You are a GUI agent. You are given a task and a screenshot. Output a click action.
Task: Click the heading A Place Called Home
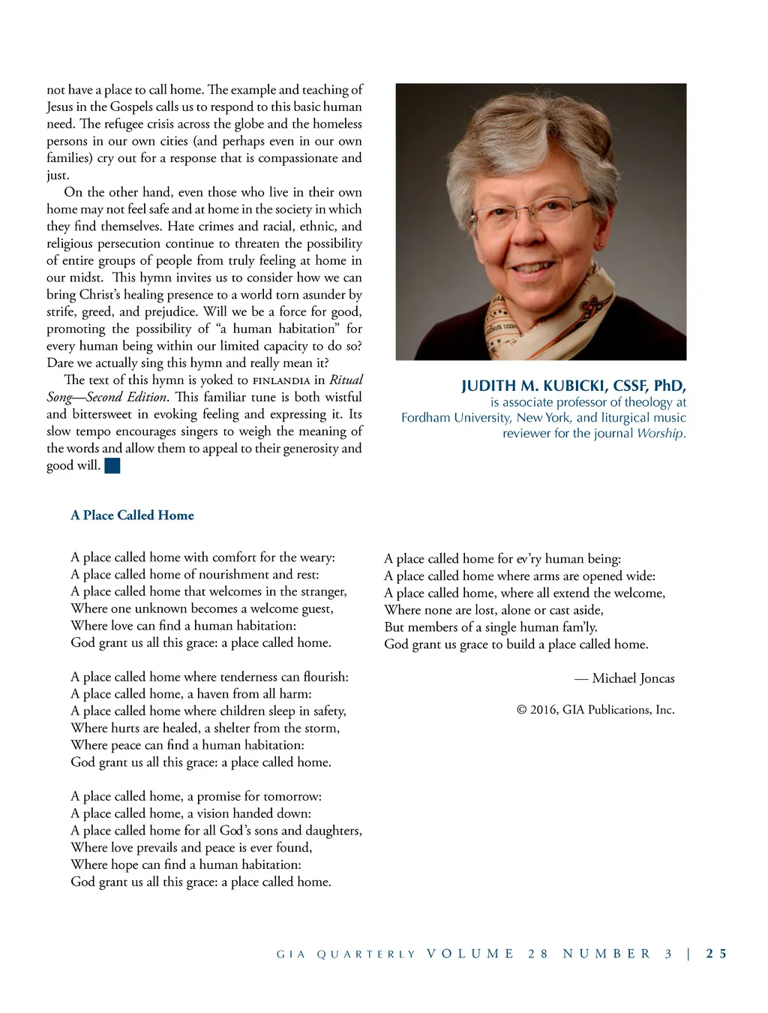coord(132,516)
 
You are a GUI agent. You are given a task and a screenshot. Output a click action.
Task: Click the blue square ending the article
coord(112,466)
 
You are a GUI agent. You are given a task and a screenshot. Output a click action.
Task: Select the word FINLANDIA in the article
coord(281,380)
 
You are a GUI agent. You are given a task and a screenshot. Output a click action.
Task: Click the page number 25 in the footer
coord(716,954)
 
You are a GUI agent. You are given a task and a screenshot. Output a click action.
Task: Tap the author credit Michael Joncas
coord(633,678)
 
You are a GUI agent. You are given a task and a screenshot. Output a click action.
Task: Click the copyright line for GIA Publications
coord(595,710)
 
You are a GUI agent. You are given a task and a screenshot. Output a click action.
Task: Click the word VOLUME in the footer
coord(470,954)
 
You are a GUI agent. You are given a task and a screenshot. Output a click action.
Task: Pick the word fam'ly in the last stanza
coord(579,627)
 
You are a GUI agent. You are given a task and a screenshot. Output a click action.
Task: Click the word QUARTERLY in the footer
coord(366,954)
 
